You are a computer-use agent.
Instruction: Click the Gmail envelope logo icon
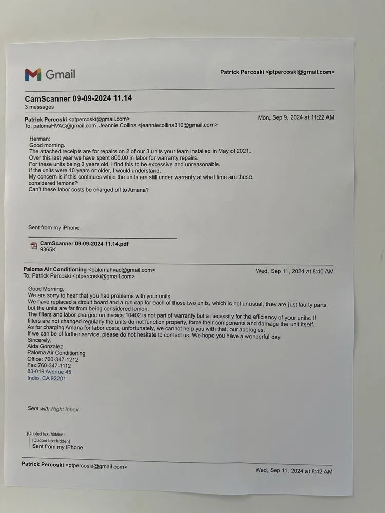click(32, 75)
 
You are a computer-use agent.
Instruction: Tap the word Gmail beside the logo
click(61, 74)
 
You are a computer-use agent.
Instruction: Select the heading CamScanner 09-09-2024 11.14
click(74, 98)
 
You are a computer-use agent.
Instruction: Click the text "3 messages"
click(38, 107)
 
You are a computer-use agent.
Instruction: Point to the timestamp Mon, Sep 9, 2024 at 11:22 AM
click(296, 117)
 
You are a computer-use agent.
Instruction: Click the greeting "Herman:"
click(40, 139)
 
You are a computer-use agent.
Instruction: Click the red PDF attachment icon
click(34, 246)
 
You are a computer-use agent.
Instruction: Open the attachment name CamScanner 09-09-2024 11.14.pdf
click(84, 243)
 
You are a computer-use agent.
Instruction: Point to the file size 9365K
click(48, 250)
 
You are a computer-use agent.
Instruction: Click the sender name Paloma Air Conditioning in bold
click(55, 269)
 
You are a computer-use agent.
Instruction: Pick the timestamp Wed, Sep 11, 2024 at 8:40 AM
click(294, 271)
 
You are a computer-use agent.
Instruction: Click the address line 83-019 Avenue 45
click(49, 372)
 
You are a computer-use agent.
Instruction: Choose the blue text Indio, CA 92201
click(46, 379)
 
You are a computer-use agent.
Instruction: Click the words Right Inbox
click(65, 409)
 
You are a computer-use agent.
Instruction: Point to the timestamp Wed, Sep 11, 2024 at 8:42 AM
click(294, 470)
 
